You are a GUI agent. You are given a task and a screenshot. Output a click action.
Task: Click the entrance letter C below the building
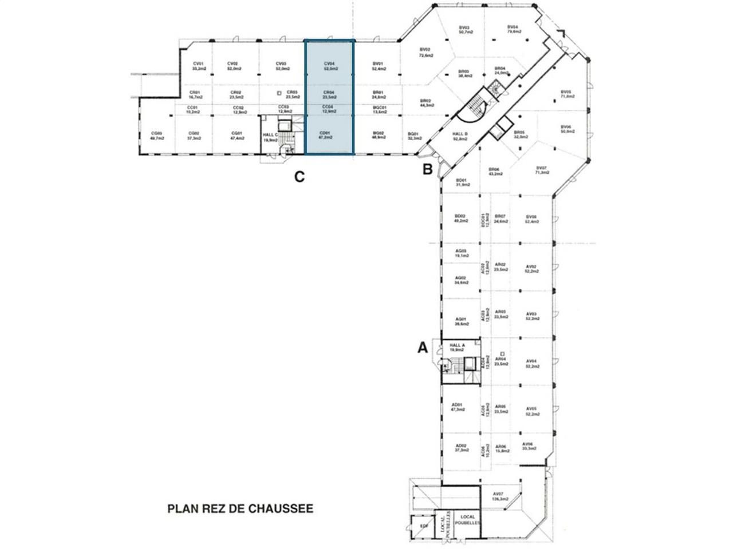point(299,177)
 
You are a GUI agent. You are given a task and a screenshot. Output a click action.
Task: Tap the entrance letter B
point(427,169)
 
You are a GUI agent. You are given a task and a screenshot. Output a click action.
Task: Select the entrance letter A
point(423,347)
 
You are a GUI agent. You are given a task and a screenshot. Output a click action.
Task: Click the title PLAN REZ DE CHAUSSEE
point(240,508)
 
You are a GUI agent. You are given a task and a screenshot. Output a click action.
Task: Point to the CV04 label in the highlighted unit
point(329,64)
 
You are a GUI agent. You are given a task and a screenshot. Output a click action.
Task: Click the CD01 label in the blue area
point(325,135)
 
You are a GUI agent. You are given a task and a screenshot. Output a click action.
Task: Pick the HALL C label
point(270,136)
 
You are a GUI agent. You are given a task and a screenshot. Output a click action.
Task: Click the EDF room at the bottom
point(424,526)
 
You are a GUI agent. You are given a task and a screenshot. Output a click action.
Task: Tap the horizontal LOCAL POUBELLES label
point(468,520)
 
